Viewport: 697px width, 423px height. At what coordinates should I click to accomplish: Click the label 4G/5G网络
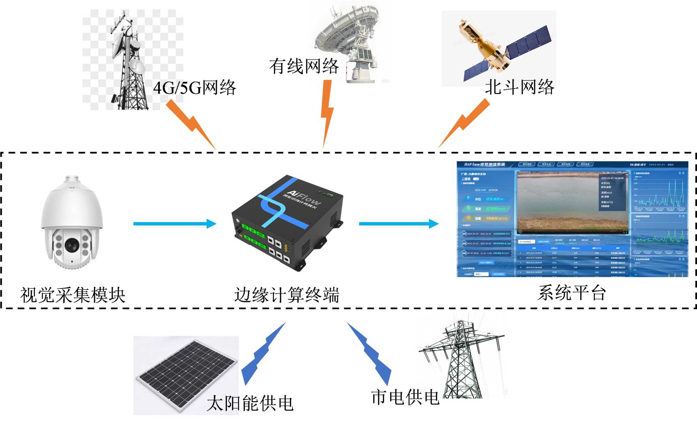(194, 87)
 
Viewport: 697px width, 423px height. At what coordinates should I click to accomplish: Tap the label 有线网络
(304, 66)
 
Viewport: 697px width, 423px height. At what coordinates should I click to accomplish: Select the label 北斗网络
(519, 87)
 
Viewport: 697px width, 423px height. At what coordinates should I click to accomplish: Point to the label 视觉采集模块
(73, 295)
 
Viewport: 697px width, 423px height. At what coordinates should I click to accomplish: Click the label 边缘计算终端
(286, 295)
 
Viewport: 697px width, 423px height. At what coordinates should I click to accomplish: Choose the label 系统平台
(572, 293)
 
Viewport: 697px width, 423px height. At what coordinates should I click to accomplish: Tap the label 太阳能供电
(250, 403)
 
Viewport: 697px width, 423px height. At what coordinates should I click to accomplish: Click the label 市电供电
(405, 397)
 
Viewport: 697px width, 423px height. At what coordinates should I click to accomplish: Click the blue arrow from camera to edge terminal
(174, 224)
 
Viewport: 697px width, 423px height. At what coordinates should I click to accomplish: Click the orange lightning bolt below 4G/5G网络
(192, 124)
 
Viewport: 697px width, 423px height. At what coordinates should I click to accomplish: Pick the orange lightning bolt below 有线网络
(327, 111)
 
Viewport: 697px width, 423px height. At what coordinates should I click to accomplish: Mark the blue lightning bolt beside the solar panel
(263, 354)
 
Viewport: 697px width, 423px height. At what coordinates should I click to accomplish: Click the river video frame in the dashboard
(572, 202)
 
